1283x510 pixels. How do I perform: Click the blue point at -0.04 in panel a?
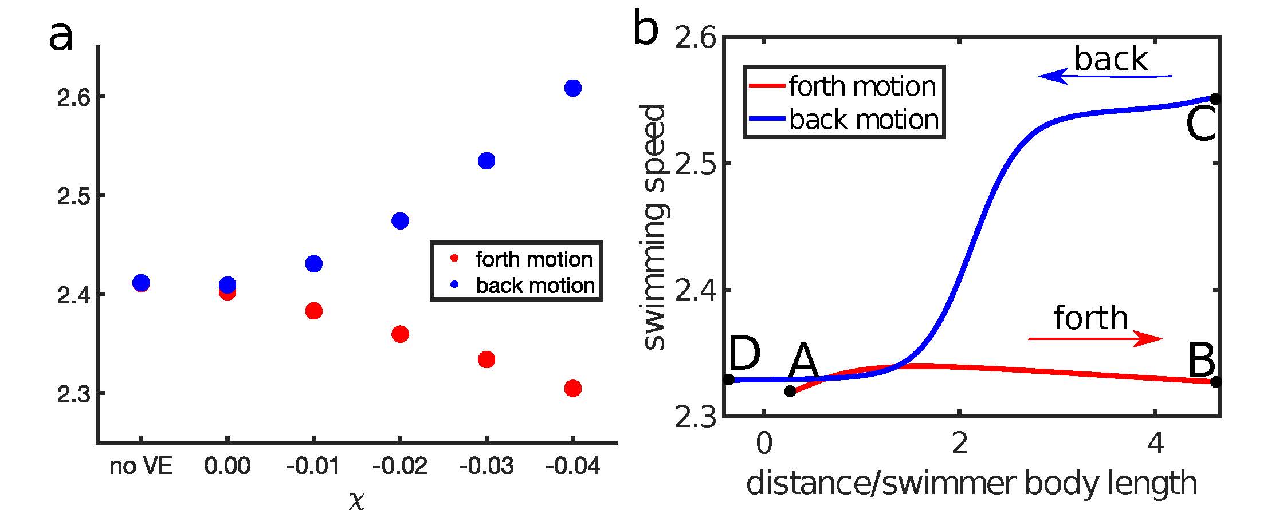572,88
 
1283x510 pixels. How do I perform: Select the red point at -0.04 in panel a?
572,389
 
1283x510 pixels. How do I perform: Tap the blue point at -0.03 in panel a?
486,161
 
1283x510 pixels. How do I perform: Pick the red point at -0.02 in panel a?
400,334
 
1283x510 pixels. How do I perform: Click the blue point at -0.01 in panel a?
314,264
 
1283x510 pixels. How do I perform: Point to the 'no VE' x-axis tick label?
140,466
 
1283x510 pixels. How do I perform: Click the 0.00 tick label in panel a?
227,466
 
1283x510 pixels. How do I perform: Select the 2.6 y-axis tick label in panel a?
73,98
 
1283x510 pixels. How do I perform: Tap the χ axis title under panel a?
356,500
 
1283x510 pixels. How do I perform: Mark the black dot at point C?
1215,99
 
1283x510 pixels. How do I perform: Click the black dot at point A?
790,392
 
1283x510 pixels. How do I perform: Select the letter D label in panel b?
744,355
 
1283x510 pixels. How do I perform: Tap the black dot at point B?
1216,382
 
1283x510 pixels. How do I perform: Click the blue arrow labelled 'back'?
1106,76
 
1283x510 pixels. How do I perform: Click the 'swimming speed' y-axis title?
653,227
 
